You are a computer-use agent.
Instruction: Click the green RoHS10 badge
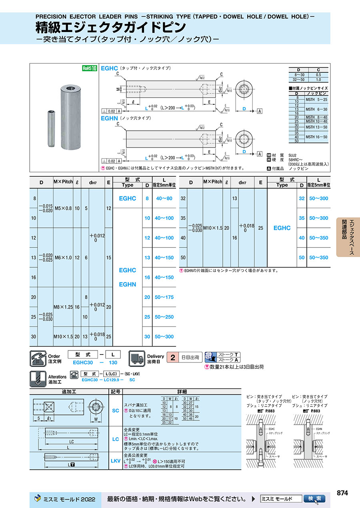(x=90, y=68)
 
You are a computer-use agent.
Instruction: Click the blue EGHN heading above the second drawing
(x=109, y=118)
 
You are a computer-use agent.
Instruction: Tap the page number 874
(x=342, y=493)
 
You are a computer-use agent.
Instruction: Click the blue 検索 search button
(x=314, y=499)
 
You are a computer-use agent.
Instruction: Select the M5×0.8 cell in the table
(x=63, y=208)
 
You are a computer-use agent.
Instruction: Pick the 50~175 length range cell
(x=164, y=297)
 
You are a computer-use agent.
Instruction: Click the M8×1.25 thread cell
(x=63, y=307)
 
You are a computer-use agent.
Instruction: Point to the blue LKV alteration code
(x=115, y=461)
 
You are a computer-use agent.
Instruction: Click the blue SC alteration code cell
(x=115, y=410)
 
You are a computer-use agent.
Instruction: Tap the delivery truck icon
(x=136, y=358)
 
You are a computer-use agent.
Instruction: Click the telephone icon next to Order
(x=38, y=358)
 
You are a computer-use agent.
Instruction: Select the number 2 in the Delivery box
(x=172, y=357)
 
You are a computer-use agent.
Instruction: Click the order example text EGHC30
(x=83, y=363)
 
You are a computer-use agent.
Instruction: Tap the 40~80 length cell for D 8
(x=164, y=198)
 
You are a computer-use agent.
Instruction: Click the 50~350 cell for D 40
(x=318, y=238)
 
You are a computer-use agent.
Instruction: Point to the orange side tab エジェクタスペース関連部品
(x=348, y=237)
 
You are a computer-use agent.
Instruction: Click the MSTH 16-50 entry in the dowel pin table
(x=316, y=137)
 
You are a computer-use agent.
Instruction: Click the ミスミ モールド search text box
(x=280, y=499)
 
